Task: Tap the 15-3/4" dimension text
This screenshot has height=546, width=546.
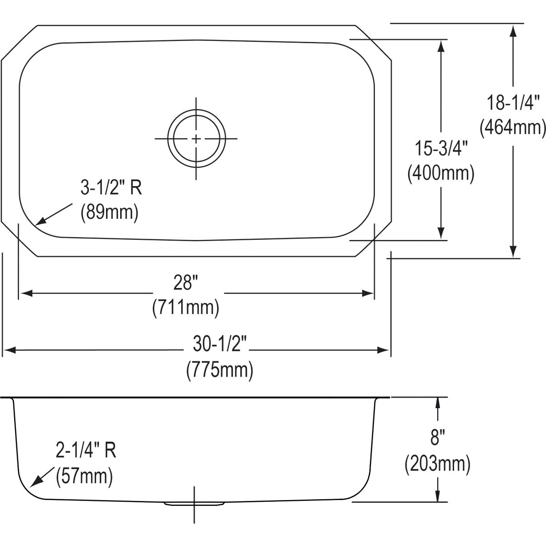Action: [x=441, y=149]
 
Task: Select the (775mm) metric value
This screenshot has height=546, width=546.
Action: [x=220, y=369]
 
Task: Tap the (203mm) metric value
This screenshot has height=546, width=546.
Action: [x=437, y=464]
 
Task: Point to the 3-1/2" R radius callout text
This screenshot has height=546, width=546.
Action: [x=111, y=187]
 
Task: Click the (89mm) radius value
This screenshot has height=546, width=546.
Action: [x=109, y=212]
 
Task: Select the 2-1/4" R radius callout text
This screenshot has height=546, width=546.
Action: [x=86, y=450]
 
